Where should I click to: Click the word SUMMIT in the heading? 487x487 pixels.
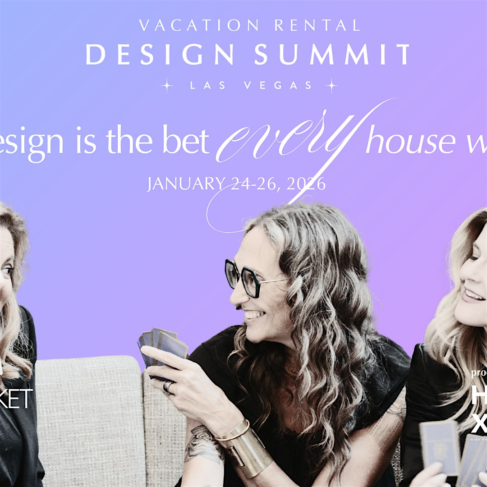pyautogui.click(x=332, y=55)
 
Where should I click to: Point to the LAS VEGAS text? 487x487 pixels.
pyautogui.click(x=251, y=85)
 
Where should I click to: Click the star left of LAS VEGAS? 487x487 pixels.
pyautogui.click(x=167, y=85)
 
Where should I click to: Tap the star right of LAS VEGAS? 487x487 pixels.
pyautogui.click(x=332, y=85)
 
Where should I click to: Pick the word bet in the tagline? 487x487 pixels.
pyautogui.click(x=188, y=142)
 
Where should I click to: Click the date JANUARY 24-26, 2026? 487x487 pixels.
pyautogui.click(x=236, y=184)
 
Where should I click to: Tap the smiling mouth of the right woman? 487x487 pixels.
pyautogui.click(x=473, y=295)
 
